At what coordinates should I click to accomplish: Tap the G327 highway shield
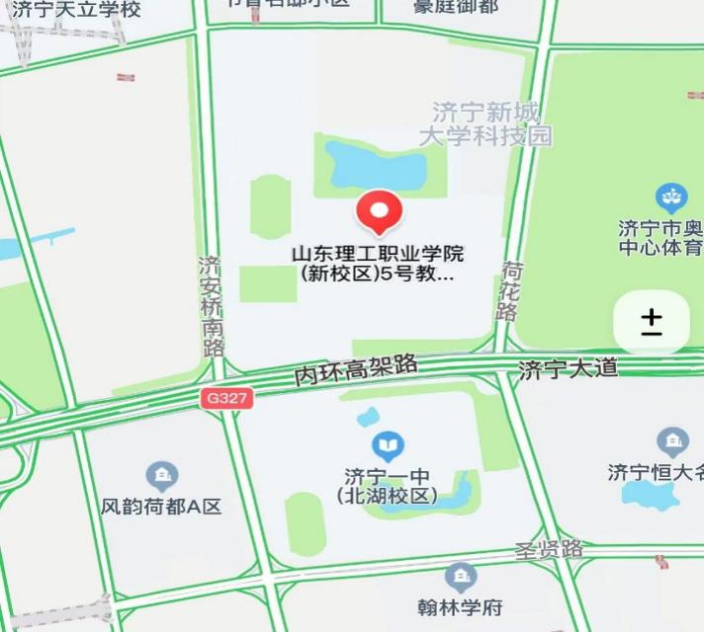pyautogui.click(x=226, y=398)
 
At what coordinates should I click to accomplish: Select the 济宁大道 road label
pyautogui.click(x=568, y=369)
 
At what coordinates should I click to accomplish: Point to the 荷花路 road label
pyautogui.click(x=510, y=290)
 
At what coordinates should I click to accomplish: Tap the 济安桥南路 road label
pyautogui.click(x=211, y=306)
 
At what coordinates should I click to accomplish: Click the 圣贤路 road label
pyautogui.click(x=549, y=549)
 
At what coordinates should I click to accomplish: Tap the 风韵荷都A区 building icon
pyautogui.click(x=161, y=478)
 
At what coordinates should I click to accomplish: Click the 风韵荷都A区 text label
pyautogui.click(x=161, y=507)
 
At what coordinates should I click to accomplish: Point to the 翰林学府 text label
pyautogui.click(x=460, y=605)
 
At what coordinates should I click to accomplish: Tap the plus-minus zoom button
pyautogui.click(x=651, y=323)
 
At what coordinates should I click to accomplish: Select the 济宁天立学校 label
pyautogui.click(x=76, y=10)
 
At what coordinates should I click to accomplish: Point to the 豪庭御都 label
pyautogui.click(x=456, y=7)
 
